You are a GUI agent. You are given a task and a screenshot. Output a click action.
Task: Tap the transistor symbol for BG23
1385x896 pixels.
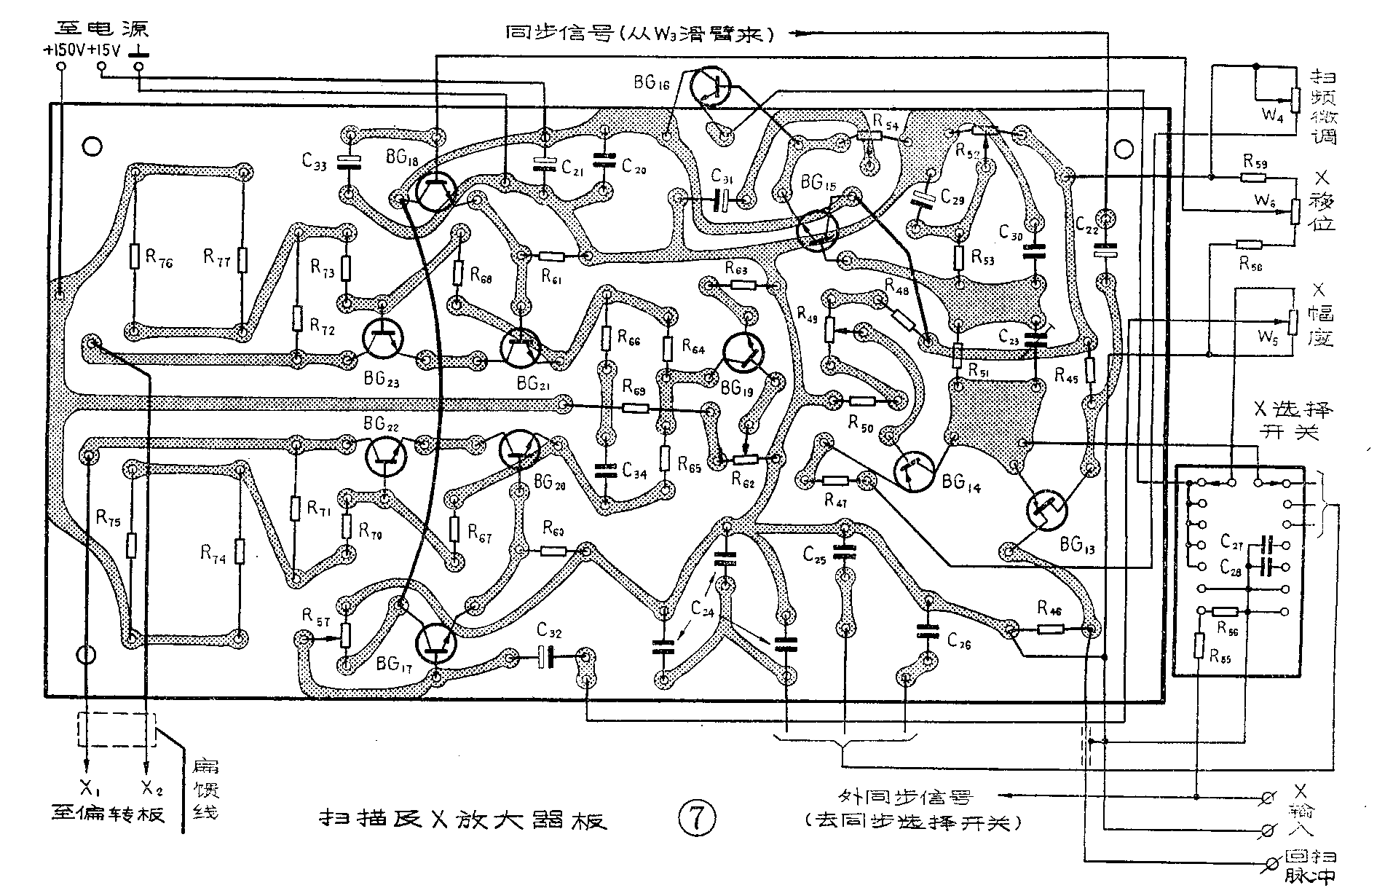click(382, 339)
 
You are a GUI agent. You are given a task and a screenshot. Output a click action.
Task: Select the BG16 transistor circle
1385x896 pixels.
click(711, 86)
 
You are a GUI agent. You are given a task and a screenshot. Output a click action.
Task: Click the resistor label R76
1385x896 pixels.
click(159, 258)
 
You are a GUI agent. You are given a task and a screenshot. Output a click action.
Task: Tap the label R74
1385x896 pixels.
click(213, 555)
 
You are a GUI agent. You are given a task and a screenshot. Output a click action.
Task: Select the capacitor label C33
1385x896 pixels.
click(315, 162)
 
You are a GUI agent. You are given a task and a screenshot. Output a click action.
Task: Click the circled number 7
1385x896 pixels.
click(696, 818)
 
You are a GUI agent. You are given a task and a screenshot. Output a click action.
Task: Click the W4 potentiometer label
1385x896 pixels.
click(1270, 115)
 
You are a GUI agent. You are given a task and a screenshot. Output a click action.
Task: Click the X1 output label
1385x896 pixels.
click(87, 788)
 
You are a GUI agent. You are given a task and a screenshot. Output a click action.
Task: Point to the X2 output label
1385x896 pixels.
click(148, 788)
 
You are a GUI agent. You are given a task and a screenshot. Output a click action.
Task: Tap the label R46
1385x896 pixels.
click(1049, 608)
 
